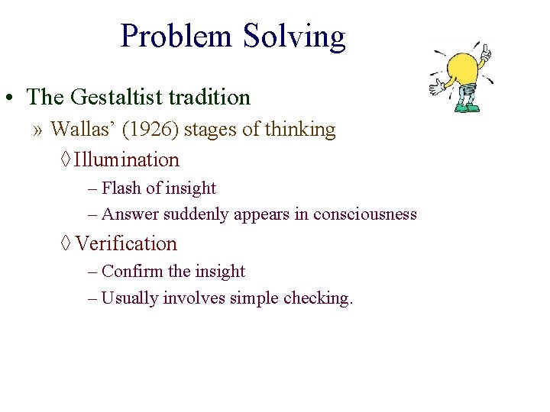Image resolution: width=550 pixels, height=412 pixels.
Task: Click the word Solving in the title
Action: [x=294, y=37]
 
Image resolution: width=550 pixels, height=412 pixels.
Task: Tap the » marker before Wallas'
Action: [x=38, y=130]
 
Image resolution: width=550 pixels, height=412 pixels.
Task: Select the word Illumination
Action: [x=127, y=160]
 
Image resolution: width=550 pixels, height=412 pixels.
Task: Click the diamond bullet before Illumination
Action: [x=65, y=160]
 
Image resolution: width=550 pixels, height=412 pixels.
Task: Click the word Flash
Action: [x=121, y=188]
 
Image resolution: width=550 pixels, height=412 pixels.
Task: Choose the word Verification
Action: [x=126, y=244]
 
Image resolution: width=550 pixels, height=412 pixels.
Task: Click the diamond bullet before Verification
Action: [x=65, y=244]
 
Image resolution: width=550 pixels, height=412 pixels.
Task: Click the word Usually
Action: [x=129, y=298]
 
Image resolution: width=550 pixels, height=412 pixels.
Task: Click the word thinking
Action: [x=300, y=130]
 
